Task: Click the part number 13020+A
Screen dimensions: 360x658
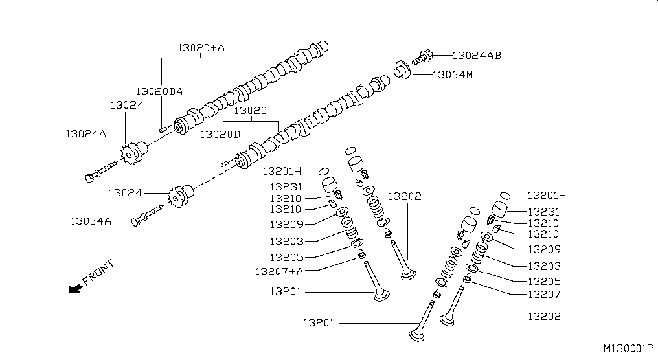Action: pyautogui.click(x=201, y=48)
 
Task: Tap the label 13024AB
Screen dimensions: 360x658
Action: pyautogui.click(x=476, y=56)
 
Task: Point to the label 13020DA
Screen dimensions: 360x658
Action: pyautogui.click(x=159, y=91)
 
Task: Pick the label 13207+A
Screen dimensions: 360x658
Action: pyautogui.click(x=279, y=271)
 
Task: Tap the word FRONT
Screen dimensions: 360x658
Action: pyautogui.click(x=98, y=273)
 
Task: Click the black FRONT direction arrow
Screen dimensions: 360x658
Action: pyautogui.click(x=75, y=288)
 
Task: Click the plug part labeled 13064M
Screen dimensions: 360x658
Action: pyautogui.click(x=402, y=69)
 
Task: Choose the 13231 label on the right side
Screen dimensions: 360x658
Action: pyautogui.click(x=544, y=212)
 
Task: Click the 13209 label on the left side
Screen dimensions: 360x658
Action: pyautogui.click(x=286, y=225)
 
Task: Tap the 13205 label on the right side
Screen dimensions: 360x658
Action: pyautogui.click(x=544, y=282)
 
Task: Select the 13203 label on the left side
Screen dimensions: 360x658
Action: pyautogui.click(x=286, y=241)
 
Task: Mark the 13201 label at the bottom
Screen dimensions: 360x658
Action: pyautogui.click(x=319, y=322)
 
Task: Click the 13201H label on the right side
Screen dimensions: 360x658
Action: pyautogui.click(x=547, y=196)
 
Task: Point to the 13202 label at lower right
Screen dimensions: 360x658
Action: pyautogui.click(x=544, y=317)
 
